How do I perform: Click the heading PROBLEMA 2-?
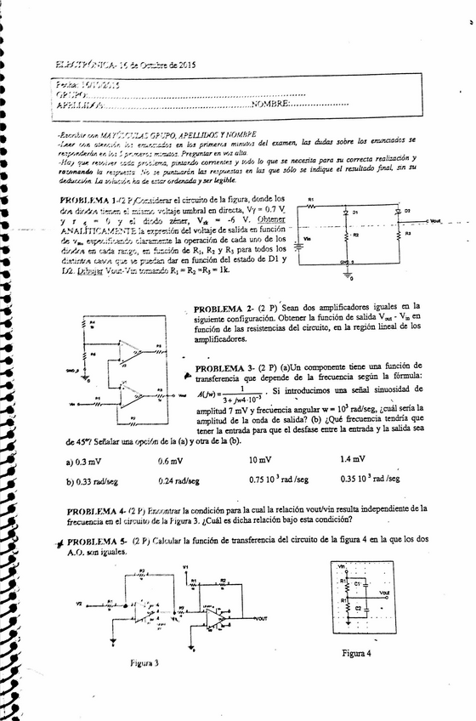click(x=224, y=308)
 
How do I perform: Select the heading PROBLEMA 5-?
click(x=98, y=541)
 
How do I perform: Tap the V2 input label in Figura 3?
click(x=78, y=601)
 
